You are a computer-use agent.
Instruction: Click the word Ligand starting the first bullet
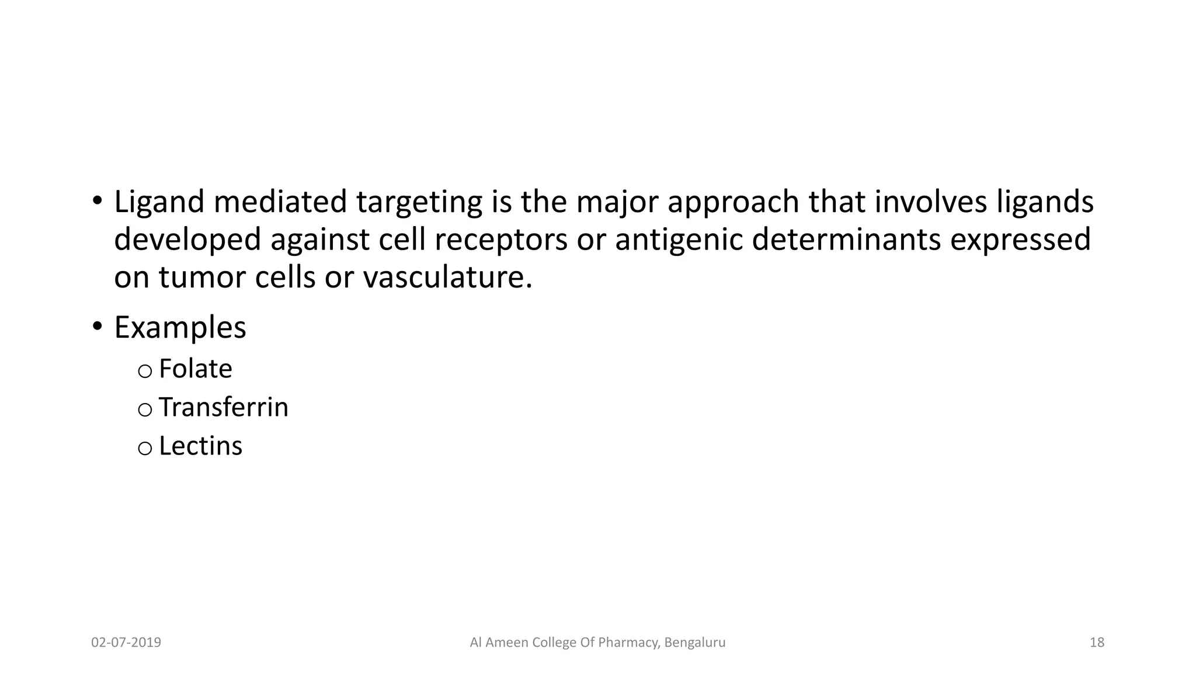coord(159,202)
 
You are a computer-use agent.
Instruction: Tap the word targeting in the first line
coord(419,202)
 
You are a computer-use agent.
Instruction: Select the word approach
coord(733,202)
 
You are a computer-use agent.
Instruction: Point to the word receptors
coord(500,240)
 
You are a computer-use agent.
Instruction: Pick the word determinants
coord(846,240)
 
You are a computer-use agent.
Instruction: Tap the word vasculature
coord(447,277)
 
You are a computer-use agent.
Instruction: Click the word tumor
coord(203,277)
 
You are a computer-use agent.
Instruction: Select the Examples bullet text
coord(180,328)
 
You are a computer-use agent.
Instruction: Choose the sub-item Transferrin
coord(223,408)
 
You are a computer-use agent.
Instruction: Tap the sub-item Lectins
coord(200,446)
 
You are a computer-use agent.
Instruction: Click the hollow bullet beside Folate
coord(145,371)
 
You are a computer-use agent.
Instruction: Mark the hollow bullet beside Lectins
coord(145,448)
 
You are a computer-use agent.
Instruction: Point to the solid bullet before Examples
coord(97,326)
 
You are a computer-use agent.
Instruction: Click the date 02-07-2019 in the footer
coord(126,643)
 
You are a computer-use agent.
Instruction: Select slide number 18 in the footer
coord(1097,643)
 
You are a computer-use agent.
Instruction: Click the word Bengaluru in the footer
coord(695,643)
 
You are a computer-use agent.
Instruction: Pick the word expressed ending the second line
coord(1020,240)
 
